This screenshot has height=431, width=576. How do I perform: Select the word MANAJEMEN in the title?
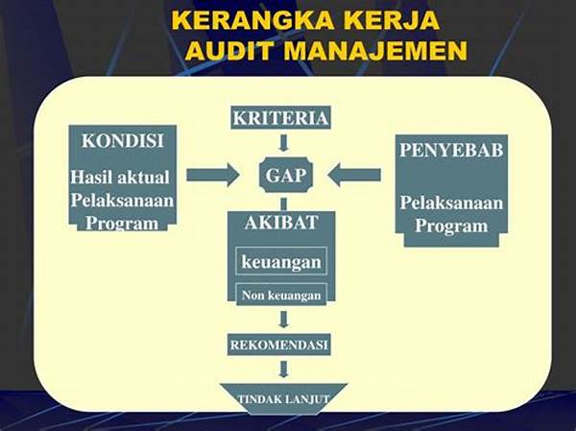tap(375, 50)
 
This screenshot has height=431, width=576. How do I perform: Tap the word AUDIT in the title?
tap(230, 50)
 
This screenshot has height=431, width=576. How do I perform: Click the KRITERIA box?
tap(280, 117)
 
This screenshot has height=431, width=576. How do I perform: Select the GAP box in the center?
tap(286, 175)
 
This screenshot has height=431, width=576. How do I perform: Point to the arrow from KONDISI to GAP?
tap(213, 175)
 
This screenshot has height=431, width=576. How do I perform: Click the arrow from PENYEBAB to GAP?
tap(353, 175)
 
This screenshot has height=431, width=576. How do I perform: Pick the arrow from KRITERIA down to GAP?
tap(283, 143)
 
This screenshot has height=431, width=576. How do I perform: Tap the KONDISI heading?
tap(122, 141)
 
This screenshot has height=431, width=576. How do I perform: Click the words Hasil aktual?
tap(120, 177)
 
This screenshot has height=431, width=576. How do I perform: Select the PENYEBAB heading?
tap(451, 150)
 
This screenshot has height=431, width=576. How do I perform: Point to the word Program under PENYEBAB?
tap(451, 226)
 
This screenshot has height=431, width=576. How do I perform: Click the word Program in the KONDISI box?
tap(122, 223)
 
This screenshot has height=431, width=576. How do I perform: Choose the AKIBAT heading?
tap(281, 223)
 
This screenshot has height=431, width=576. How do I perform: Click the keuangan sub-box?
tap(281, 261)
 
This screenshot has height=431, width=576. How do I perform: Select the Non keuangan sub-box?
tap(281, 295)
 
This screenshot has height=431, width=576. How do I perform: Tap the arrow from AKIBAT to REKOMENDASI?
tap(283, 320)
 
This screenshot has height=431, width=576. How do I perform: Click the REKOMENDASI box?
tap(278, 345)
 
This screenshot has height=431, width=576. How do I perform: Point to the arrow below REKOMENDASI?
tap(283, 370)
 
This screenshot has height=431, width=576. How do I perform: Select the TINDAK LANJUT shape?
tap(283, 399)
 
